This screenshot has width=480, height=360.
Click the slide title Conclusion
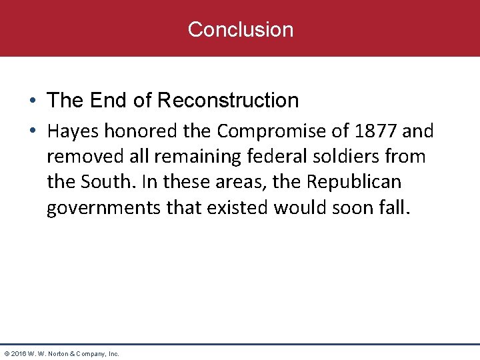(x=240, y=29)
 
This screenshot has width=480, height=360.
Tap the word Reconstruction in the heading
(x=229, y=101)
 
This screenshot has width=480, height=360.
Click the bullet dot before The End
(x=32, y=101)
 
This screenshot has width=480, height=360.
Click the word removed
(x=79, y=157)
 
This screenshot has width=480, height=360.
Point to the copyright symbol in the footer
(x=6, y=353)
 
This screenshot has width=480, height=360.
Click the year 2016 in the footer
(x=17, y=353)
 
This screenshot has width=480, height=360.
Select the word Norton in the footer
(x=57, y=353)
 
